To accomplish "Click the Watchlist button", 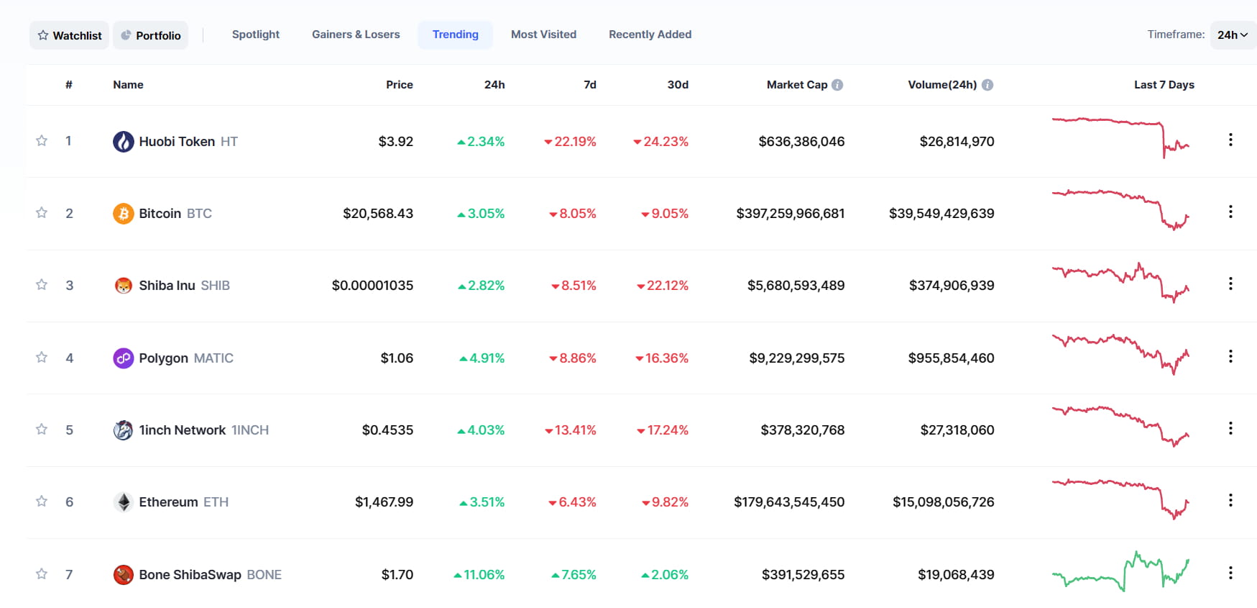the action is pyautogui.click(x=70, y=35).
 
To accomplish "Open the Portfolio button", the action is pyautogui.click(x=151, y=35).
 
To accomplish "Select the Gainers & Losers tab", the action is pyautogui.click(x=356, y=35).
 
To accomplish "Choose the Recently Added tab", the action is pyautogui.click(x=650, y=35).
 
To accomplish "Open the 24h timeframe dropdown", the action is pyautogui.click(x=1233, y=35).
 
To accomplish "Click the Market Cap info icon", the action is pyautogui.click(x=837, y=85).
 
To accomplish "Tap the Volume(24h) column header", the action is pyautogui.click(x=942, y=85).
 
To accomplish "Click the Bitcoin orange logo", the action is pyautogui.click(x=124, y=214).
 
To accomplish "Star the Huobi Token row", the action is pyautogui.click(x=42, y=141).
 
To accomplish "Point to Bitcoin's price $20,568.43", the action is pyautogui.click(x=378, y=214).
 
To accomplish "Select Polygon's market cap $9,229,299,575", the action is pyautogui.click(x=797, y=358).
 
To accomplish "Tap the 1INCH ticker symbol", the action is pyautogui.click(x=250, y=430).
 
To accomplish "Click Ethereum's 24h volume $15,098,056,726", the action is pyautogui.click(x=944, y=502).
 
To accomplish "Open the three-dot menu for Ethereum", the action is pyautogui.click(x=1230, y=500).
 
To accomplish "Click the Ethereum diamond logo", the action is pyautogui.click(x=124, y=502).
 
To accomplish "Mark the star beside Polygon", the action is pyautogui.click(x=42, y=358).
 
